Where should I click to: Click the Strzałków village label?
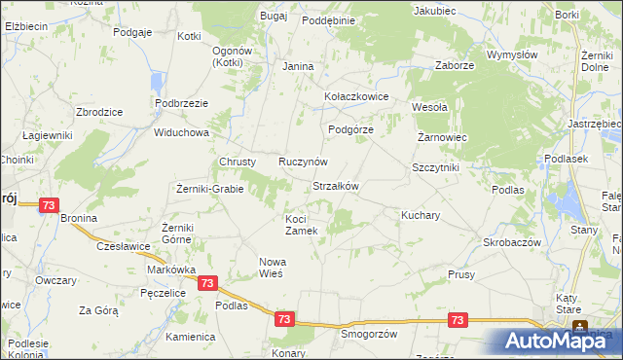tap(337, 186)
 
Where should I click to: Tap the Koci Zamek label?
tap(301, 225)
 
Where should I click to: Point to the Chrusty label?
tap(238, 162)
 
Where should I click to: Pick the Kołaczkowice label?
tap(356, 97)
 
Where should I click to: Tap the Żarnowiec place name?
tap(443, 138)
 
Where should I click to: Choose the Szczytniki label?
tap(435, 167)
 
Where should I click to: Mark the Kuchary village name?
tap(421, 214)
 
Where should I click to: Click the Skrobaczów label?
tap(511, 242)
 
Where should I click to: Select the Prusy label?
tap(461, 275)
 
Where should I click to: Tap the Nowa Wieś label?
tap(271, 268)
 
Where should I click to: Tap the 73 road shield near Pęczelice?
tap(206, 282)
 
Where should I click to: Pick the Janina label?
tap(297, 66)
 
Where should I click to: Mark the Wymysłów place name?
tap(512, 55)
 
